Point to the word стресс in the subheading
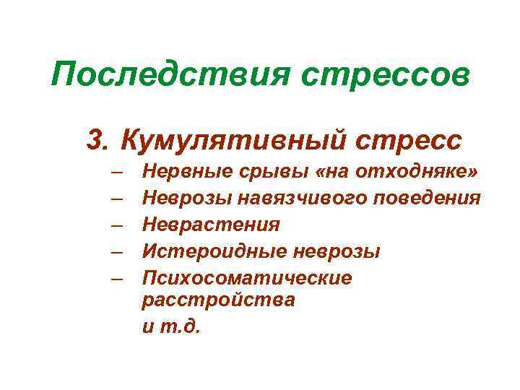408,139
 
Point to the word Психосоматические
247,278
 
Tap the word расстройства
219,300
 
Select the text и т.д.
170,326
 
